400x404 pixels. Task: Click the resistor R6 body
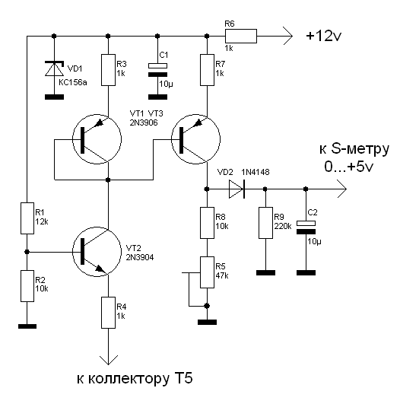(x=241, y=36)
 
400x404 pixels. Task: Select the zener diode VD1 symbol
(x=54, y=68)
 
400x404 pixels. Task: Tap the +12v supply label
(x=324, y=36)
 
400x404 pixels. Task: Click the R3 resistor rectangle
(x=108, y=70)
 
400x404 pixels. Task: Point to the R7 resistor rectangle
(x=207, y=70)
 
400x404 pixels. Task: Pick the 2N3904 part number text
(x=140, y=257)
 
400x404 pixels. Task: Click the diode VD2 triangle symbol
(x=237, y=189)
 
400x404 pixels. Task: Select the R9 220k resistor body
(x=265, y=223)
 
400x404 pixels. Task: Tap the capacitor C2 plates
(x=306, y=227)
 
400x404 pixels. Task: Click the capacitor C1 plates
(x=157, y=70)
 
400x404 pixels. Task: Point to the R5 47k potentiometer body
(x=207, y=272)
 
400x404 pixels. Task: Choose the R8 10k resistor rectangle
(x=207, y=223)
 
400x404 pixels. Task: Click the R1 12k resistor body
(x=27, y=218)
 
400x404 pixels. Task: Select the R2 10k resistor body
(x=27, y=286)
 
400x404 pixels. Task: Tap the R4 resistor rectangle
(x=108, y=313)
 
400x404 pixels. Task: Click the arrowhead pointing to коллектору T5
(x=109, y=360)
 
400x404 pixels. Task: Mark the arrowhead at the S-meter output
(x=342, y=189)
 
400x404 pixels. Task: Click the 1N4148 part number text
(x=256, y=172)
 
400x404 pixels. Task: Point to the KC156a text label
(x=73, y=82)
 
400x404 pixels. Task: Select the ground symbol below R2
(x=27, y=326)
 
